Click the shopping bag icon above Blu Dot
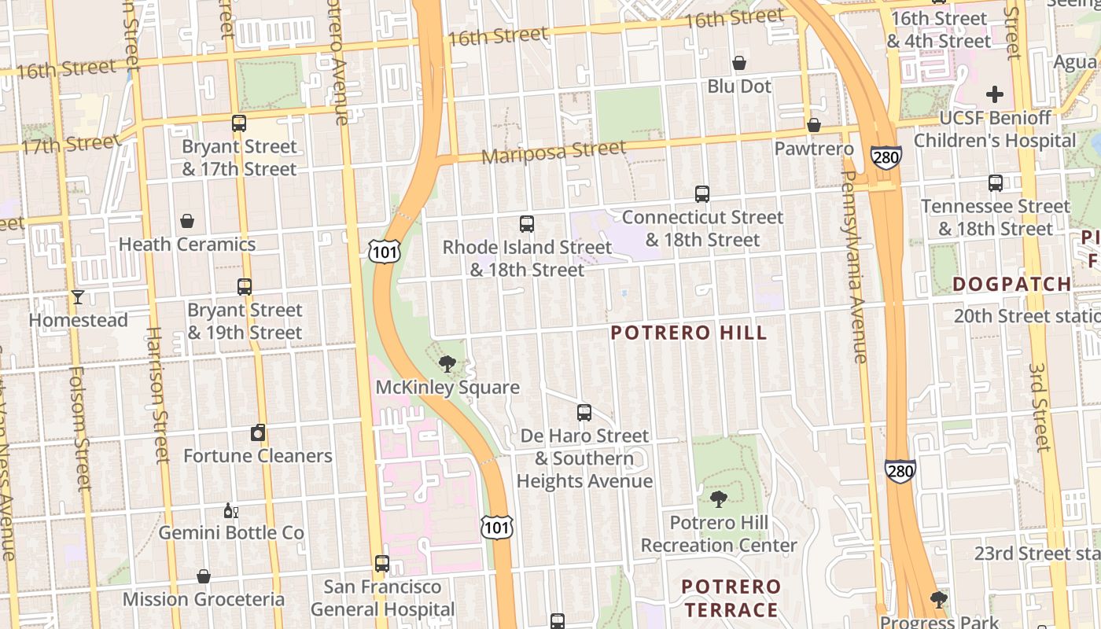[739, 63]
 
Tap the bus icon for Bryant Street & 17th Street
[239, 123]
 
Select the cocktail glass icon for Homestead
[78, 296]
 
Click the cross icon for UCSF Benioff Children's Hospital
[995, 94]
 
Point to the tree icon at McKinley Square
[447, 363]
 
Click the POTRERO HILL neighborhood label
[688, 333]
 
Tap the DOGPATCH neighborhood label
[1011, 284]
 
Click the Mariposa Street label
[554, 151]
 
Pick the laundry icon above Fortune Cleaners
[258, 432]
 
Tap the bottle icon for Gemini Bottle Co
[231, 510]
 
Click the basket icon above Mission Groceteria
[204, 576]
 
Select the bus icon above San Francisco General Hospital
[382, 564]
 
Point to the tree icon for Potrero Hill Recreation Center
[718, 499]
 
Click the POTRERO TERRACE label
[731, 598]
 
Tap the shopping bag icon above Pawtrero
[814, 126]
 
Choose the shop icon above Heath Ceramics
[187, 221]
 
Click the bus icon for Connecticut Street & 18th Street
[702, 193]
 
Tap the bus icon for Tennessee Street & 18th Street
[996, 183]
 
